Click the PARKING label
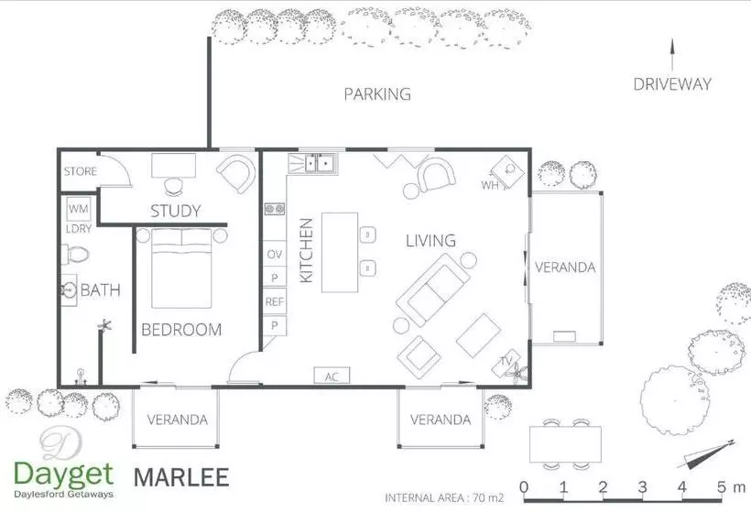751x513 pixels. [377, 93]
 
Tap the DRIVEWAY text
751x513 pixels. [672, 84]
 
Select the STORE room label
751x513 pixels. [81, 171]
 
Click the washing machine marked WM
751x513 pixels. [79, 209]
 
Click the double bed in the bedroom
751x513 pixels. [181, 268]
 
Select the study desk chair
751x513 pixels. [173, 186]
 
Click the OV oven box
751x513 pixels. [275, 254]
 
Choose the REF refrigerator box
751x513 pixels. [275, 301]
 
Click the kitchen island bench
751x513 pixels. [340, 253]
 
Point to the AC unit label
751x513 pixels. [332, 376]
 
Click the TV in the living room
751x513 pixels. [506, 363]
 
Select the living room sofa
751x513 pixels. [433, 289]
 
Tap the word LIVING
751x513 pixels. [430, 240]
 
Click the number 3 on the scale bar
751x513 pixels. [642, 487]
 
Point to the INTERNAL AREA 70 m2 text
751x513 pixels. [444, 498]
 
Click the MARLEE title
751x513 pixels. [181, 477]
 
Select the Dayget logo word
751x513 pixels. [64, 475]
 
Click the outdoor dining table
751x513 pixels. [566, 444]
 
